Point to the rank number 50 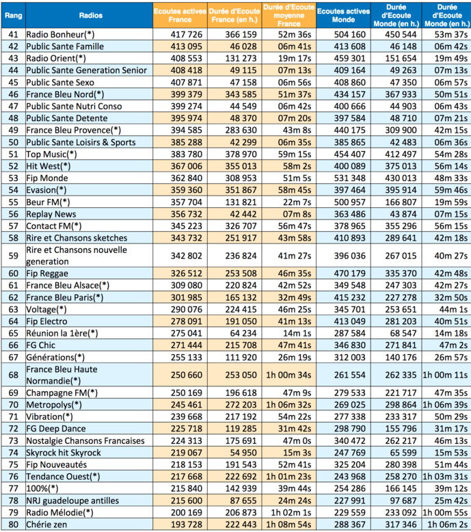tap(12, 142)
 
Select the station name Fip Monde tap(47, 178)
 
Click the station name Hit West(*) tap(49, 166)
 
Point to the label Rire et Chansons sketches tap(77, 238)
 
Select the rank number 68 tap(12, 375)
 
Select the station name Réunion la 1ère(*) tap(62, 332)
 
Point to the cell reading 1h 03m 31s tap(446, 476)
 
